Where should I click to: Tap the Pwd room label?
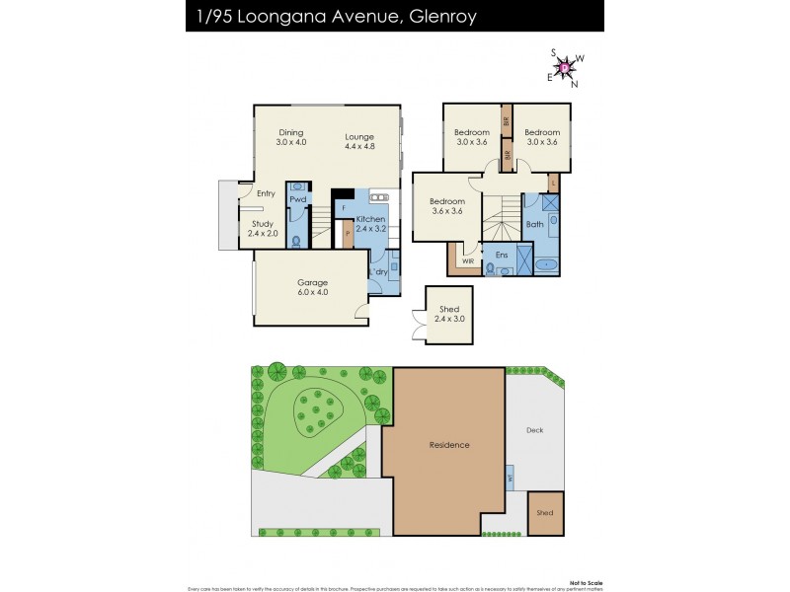tap(297, 199)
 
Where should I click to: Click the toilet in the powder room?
tap(297, 238)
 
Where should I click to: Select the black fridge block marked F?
tap(343, 204)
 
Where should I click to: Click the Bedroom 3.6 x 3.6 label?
tap(446, 205)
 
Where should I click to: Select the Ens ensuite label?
tap(502, 255)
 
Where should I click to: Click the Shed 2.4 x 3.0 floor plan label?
tap(449, 314)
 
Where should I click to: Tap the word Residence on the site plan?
tap(449, 445)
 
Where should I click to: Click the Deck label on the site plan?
tap(535, 430)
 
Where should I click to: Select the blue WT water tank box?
tap(510, 478)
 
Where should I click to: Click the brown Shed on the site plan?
tap(545, 513)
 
